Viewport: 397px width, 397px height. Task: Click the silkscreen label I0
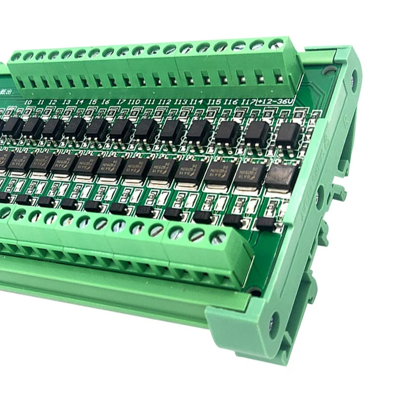28,102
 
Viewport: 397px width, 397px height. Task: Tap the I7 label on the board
121,102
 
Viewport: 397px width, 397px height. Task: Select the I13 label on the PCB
181,102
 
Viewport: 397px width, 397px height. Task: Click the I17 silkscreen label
248,102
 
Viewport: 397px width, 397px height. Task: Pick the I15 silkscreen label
214,102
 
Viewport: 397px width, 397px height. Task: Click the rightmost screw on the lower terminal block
216,239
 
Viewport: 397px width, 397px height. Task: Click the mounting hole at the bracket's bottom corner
273,327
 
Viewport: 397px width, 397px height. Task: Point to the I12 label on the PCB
165,102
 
